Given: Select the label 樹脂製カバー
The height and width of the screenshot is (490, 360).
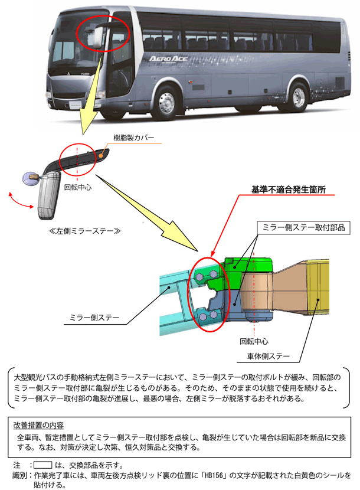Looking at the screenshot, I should (134, 138).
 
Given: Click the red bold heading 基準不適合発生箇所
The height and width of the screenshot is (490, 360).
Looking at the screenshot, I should (289, 190).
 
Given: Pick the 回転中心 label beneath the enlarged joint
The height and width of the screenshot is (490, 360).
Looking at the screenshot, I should (254, 341).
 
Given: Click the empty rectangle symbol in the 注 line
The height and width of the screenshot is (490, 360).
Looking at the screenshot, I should (44, 465).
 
